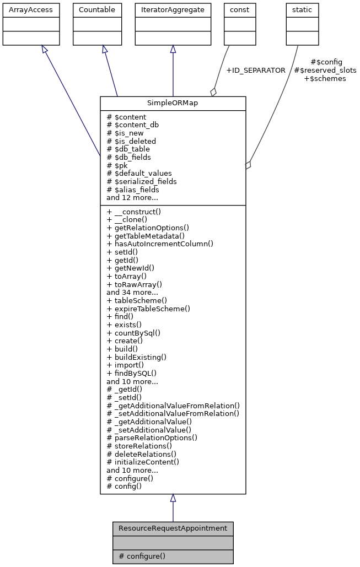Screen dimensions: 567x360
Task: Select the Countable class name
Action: (97, 10)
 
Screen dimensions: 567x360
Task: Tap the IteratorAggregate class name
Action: (173, 10)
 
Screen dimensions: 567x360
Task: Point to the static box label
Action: (302, 10)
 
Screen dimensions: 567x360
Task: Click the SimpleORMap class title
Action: (173, 104)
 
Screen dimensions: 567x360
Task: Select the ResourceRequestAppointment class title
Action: (173, 528)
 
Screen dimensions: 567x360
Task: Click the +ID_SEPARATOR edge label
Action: (256, 71)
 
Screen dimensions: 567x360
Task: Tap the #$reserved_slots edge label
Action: (325, 71)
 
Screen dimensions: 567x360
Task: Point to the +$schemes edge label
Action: (325, 79)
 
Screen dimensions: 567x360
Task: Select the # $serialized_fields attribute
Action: (142, 181)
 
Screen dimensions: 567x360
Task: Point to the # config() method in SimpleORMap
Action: (124, 486)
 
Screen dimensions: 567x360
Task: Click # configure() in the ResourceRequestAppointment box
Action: (142, 556)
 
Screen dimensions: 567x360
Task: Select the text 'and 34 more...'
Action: (132, 292)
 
